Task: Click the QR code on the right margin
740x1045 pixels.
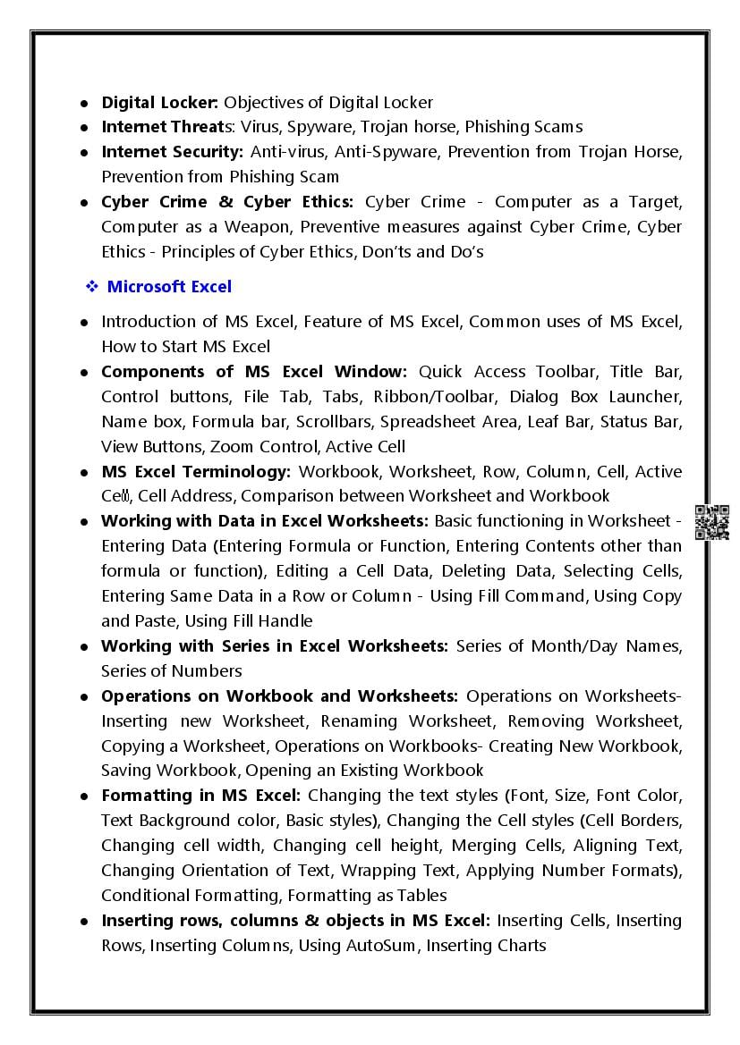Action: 711,522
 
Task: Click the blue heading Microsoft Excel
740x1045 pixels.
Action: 169,287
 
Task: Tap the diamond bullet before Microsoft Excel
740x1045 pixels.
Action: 91,287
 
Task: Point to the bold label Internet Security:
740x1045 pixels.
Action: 172,152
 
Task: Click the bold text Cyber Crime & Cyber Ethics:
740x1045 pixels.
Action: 227,202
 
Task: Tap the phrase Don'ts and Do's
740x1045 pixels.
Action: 422,252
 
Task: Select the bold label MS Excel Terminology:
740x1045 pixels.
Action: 196,471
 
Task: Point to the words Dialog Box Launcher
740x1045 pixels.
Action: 595,396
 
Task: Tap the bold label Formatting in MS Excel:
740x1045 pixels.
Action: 201,796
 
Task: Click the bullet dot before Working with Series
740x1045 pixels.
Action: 83,646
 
